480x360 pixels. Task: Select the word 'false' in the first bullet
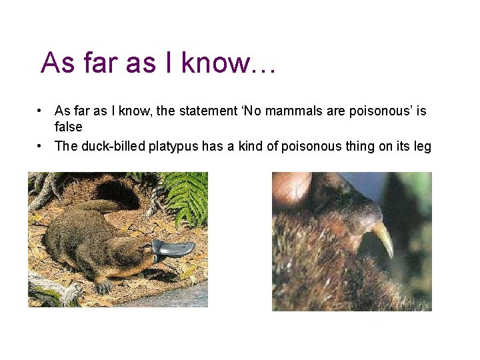pos(68,127)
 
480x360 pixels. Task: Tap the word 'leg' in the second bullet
pos(423,146)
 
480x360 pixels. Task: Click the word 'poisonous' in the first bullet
pos(376,111)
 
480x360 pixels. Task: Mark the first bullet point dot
pos(41,111)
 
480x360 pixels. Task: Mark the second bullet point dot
pos(41,146)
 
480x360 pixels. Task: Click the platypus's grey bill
pos(175,249)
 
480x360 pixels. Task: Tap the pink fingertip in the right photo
pos(291,188)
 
